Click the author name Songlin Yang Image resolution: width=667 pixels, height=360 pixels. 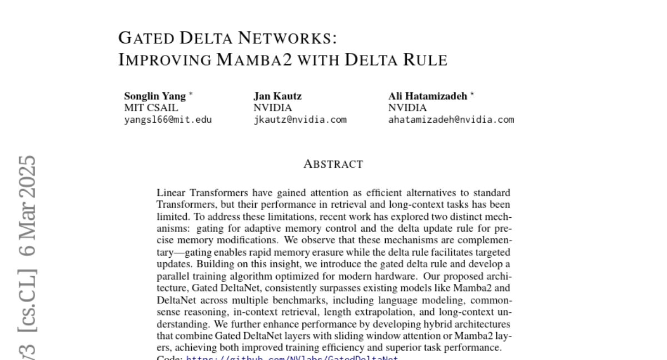click(x=155, y=96)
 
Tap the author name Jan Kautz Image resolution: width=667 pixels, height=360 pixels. click(x=277, y=96)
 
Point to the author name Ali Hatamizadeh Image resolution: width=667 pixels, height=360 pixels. click(x=427, y=96)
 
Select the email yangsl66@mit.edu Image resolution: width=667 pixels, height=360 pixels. click(x=168, y=119)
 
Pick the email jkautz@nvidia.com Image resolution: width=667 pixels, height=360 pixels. click(x=300, y=119)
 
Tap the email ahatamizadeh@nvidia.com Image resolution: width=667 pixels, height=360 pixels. click(x=451, y=119)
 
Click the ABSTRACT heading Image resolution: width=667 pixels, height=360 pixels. click(x=333, y=164)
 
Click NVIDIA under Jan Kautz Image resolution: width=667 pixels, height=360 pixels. click(x=272, y=108)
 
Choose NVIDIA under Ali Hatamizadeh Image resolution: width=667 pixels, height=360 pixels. click(x=407, y=108)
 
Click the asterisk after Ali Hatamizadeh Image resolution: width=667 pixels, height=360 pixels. click(x=472, y=94)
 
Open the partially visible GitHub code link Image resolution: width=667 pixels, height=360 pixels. click(x=292, y=358)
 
